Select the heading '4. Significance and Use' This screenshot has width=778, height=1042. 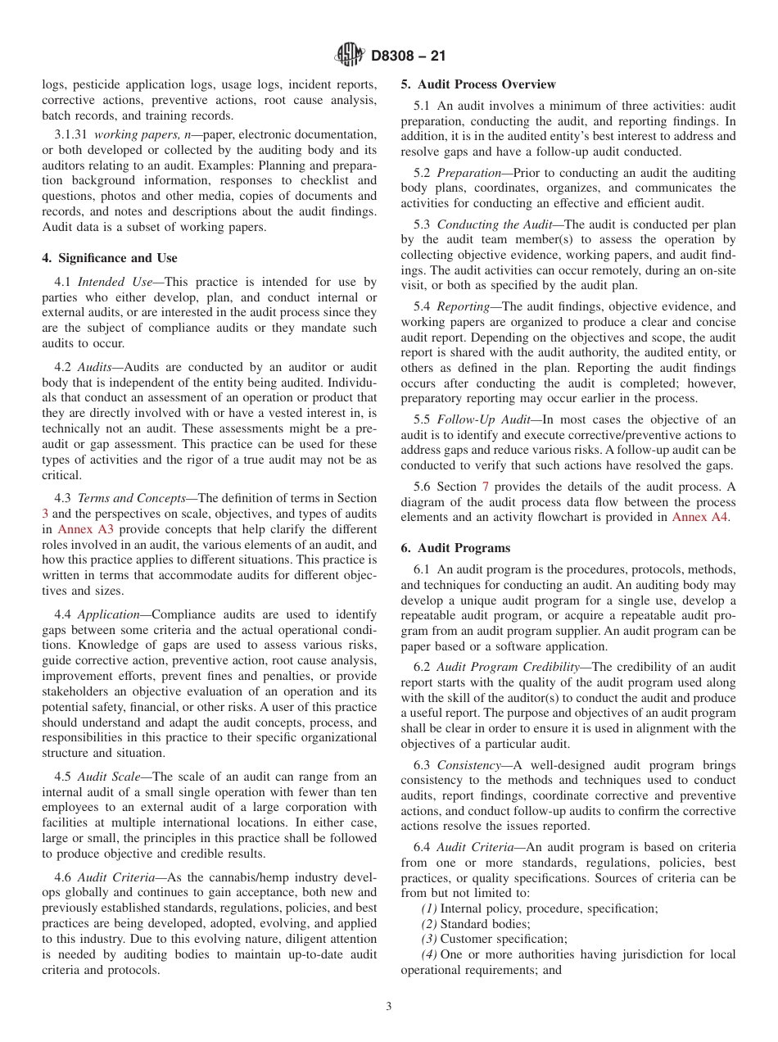coord(110,258)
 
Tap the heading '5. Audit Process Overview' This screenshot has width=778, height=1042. coord(478,84)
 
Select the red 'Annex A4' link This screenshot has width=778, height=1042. coord(699,517)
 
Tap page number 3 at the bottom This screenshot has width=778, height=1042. coord(389,1007)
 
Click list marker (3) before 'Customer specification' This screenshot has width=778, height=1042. coord(429,940)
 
